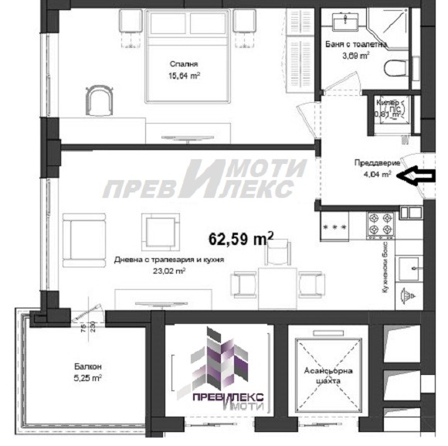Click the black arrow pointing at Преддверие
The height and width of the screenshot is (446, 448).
(419, 177)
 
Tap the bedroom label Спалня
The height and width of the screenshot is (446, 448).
(184, 65)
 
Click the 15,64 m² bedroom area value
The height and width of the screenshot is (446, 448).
(185, 76)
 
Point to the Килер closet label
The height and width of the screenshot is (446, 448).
(388, 102)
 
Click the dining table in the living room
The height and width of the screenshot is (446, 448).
(274, 282)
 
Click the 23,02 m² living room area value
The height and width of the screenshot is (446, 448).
(169, 271)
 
